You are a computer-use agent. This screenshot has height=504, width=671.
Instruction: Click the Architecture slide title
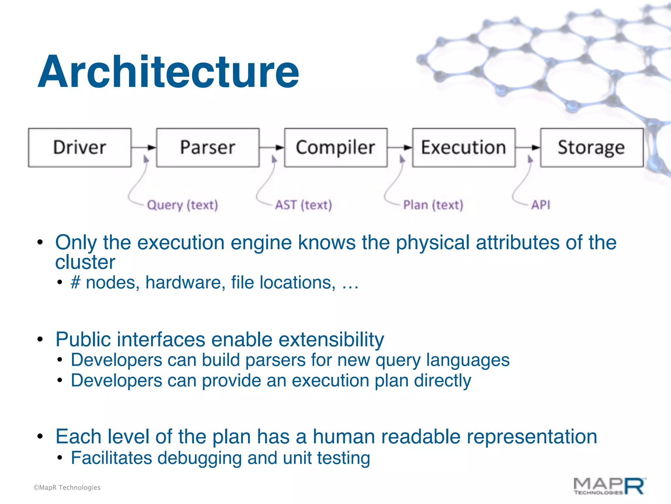click(x=168, y=72)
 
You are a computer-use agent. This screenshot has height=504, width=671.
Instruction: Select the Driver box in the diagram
click(x=80, y=148)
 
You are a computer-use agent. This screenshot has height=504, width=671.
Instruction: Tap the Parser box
click(x=208, y=148)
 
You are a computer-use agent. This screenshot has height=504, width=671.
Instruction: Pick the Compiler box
click(x=335, y=148)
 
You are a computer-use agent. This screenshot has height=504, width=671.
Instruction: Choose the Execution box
click(x=464, y=148)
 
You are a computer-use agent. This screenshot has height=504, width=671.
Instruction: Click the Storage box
click(x=592, y=148)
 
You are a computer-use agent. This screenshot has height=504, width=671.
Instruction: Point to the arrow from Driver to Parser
click(x=144, y=147)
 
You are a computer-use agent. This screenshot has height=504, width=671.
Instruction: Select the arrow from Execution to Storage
click(x=528, y=147)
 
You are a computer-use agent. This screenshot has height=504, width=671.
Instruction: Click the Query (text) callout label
click(x=182, y=205)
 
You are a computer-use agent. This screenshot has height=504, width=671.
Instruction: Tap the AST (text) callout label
click(x=303, y=205)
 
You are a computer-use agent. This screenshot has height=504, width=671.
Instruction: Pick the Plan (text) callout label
click(x=433, y=205)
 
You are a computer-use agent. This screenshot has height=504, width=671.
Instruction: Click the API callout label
click(x=541, y=205)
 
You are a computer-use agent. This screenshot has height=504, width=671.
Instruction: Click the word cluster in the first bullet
click(x=85, y=262)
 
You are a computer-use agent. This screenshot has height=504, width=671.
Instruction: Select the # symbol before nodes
click(x=76, y=283)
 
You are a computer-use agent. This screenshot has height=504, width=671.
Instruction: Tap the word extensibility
click(x=331, y=339)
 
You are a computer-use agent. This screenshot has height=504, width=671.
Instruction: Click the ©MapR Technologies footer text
click(x=67, y=488)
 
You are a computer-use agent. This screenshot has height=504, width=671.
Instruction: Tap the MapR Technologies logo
click(x=609, y=486)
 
